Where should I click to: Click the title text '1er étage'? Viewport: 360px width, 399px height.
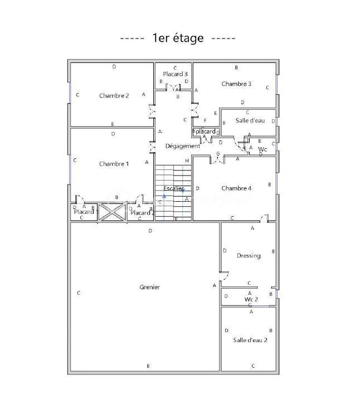coord(178,38)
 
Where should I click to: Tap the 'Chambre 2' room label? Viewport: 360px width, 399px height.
coord(114,95)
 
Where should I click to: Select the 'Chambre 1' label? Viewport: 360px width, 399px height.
coord(114,164)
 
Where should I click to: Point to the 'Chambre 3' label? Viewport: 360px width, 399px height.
coord(236,84)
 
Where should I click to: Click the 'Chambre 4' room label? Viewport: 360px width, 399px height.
coord(236,188)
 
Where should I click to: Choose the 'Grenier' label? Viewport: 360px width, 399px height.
coord(149,287)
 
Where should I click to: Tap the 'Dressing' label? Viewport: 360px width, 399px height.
coord(249,256)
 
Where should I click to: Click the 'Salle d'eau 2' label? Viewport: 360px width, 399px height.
coord(250,340)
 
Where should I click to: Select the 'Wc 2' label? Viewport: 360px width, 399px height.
coord(251,299)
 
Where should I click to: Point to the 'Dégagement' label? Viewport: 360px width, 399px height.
coord(182,146)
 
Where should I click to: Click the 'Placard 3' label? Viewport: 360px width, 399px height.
coord(175,74)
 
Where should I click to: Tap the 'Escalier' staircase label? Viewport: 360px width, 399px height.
coord(174,189)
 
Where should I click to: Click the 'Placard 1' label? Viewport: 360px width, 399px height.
coord(86,212)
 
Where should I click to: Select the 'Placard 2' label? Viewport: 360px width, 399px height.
coord(142,212)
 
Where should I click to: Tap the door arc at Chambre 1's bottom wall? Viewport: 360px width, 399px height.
coord(80,199)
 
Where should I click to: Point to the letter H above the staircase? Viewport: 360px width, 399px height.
coord(187,160)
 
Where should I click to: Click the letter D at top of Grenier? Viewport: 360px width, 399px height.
coord(150,230)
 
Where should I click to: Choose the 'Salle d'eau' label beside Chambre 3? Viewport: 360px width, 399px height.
coord(250,120)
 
